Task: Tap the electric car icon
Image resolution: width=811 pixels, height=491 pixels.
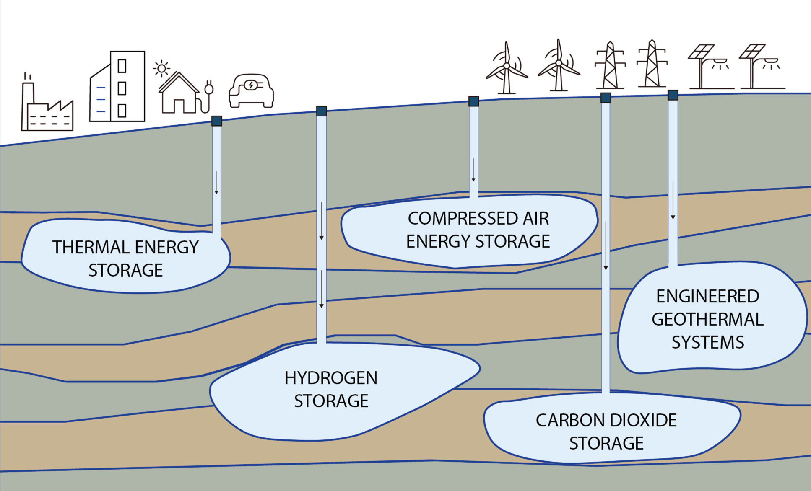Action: pos(251,91)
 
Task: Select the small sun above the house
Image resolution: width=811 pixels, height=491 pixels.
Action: pos(161,68)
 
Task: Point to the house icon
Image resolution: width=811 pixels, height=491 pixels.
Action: pos(179,94)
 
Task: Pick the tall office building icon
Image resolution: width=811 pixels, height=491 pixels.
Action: pos(117,87)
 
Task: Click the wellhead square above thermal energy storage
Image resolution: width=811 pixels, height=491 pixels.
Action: pos(216,121)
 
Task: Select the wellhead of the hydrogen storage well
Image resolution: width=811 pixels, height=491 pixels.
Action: pos(321,111)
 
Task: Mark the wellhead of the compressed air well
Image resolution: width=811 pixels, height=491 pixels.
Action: pos(473,101)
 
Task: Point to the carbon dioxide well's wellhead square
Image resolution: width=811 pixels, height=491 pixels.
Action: pos(606,98)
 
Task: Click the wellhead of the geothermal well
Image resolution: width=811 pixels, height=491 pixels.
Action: pos(673,95)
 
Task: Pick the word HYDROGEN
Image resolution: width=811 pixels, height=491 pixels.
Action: pos(331,378)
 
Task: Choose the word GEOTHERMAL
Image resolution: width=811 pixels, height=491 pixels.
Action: pos(707,320)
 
